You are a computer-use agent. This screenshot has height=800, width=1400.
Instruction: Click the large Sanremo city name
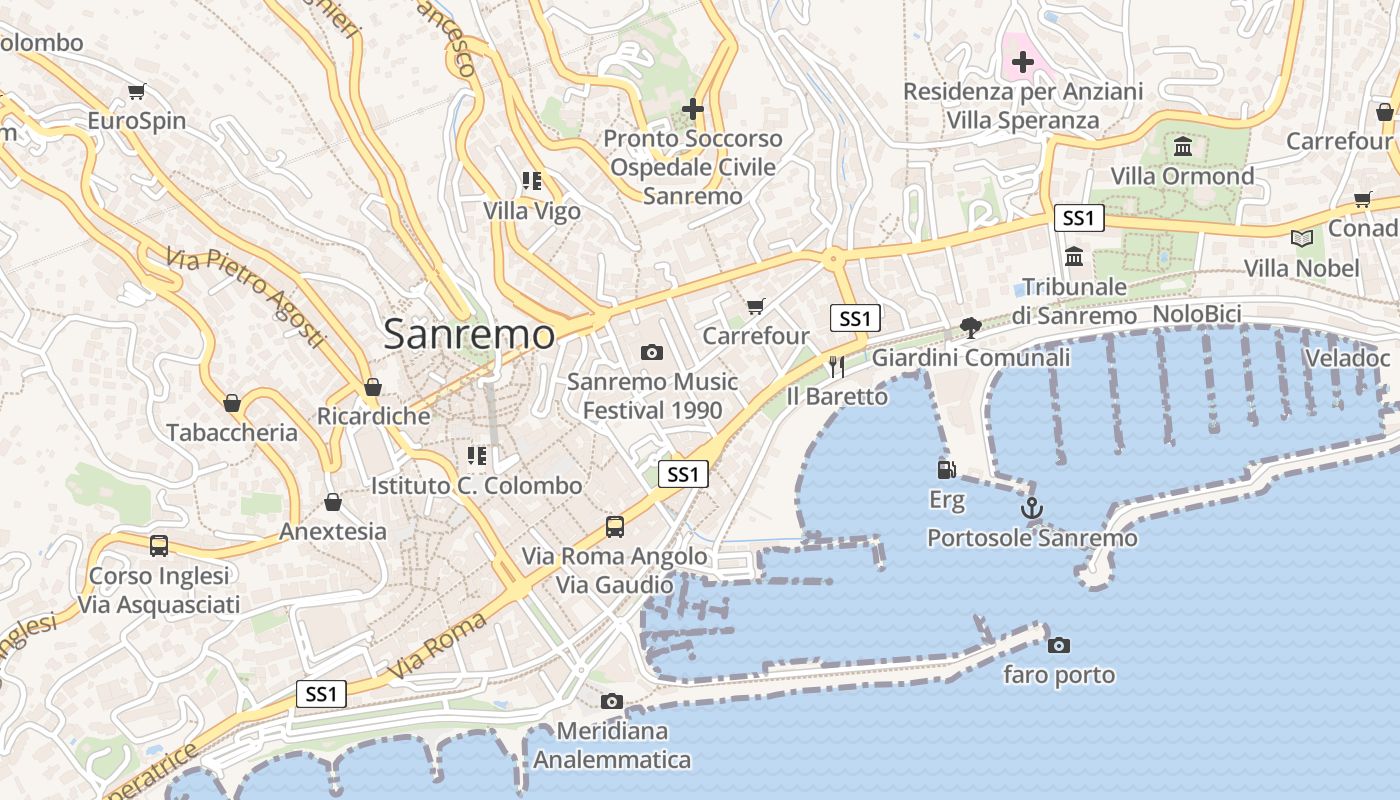(469, 334)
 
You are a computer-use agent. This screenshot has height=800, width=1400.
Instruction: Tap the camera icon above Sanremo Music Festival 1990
(652, 352)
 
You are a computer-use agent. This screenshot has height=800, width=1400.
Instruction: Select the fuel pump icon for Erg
(946, 469)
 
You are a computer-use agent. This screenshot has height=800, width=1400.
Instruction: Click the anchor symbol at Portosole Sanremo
(1032, 508)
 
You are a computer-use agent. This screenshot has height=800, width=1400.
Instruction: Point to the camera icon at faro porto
(1059, 645)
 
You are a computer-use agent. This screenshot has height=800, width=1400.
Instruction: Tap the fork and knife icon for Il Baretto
(837, 367)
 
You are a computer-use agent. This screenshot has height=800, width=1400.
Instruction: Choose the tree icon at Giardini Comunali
(970, 327)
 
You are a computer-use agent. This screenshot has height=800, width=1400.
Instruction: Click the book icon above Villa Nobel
(1301, 238)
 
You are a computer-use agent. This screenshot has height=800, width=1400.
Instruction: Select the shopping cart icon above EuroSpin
(137, 91)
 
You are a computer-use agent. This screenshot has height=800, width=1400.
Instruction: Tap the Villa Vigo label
(532, 211)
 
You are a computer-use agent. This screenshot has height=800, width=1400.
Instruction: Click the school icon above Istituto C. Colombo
(477, 456)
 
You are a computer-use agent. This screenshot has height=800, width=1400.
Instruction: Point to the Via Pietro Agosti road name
(247, 297)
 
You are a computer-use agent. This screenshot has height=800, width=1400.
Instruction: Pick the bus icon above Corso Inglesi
(159, 546)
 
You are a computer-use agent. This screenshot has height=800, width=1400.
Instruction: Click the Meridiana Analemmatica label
(612, 746)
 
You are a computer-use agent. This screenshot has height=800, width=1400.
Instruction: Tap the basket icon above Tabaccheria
(232, 403)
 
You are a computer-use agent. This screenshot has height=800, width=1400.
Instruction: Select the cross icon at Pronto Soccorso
(693, 108)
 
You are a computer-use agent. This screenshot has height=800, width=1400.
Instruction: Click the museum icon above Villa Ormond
(1183, 147)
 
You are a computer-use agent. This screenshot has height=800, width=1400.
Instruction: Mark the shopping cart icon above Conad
(1363, 199)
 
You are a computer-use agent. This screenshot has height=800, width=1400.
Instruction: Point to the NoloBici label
(1197, 314)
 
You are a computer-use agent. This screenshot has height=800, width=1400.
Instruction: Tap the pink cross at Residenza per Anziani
(1022, 62)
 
